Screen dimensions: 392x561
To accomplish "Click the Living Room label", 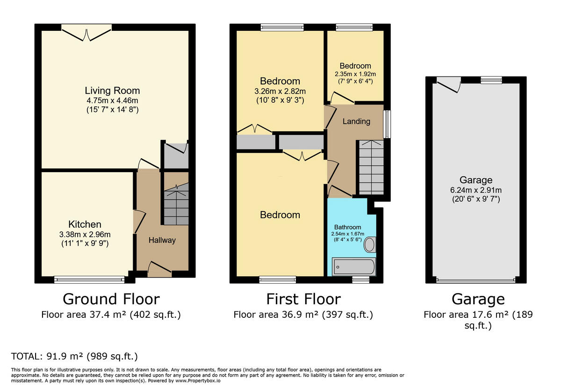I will pyautogui.click(x=112, y=91).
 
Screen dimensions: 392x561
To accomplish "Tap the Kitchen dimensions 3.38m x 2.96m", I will pyautogui.click(x=85, y=234).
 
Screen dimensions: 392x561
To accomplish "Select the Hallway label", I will pyautogui.click(x=162, y=240).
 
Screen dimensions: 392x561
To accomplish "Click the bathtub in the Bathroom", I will pyautogui.click(x=353, y=267).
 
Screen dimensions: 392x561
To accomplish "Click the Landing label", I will pyautogui.click(x=356, y=121).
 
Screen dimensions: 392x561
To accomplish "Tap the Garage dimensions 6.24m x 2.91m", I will pyautogui.click(x=476, y=190).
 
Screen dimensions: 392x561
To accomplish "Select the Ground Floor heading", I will pyautogui.click(x=111, y=299).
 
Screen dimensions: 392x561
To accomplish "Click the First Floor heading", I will pyautogui.click(x=303, y=299).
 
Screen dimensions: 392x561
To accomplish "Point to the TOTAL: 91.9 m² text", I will pyautogui.click(x=74, y=357).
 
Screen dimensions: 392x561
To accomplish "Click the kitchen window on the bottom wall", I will pyautogui.click(x=89, y=280).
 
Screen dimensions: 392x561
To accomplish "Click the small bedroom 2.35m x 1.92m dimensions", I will pyautogui.click(x=355, y=74).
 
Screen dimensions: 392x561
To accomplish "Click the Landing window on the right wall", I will pyautogui.click(x=387, y=124).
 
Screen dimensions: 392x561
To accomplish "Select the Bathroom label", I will pyautogui.click(x=347, y=227).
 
